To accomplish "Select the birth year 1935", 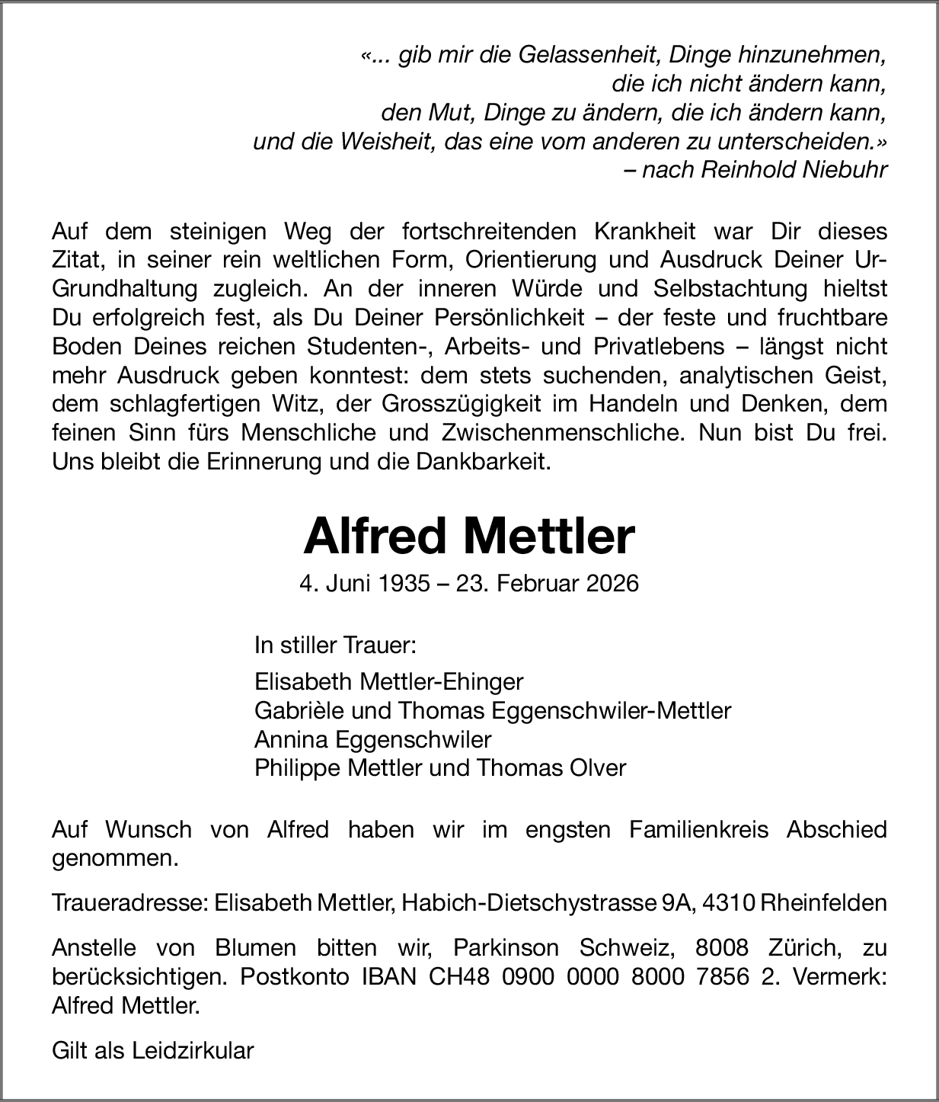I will pyautogui.click(x=405, y=584).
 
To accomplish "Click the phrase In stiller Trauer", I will pyautogui.click(x=335, y=646).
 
